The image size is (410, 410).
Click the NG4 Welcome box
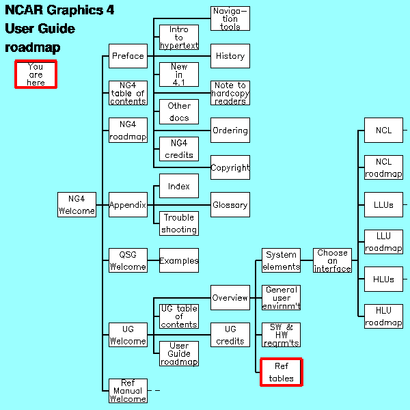77,204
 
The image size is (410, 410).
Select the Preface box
128,56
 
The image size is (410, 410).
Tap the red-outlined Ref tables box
281,372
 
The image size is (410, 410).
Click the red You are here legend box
36,74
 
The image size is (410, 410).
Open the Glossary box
230,204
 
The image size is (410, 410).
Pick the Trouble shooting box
179,223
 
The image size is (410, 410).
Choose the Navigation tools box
230,18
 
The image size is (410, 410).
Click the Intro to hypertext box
179,38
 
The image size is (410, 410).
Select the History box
230,56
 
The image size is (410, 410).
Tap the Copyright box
230,167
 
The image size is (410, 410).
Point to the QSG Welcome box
128,260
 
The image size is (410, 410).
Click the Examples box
179,260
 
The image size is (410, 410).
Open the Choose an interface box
332,260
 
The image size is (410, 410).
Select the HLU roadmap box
383,316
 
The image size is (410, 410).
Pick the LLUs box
383,204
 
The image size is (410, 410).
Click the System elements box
281,260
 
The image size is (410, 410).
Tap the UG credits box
230,335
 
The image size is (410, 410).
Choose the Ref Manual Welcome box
128,391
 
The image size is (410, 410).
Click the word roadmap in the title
33,48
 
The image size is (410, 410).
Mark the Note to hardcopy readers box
230,93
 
